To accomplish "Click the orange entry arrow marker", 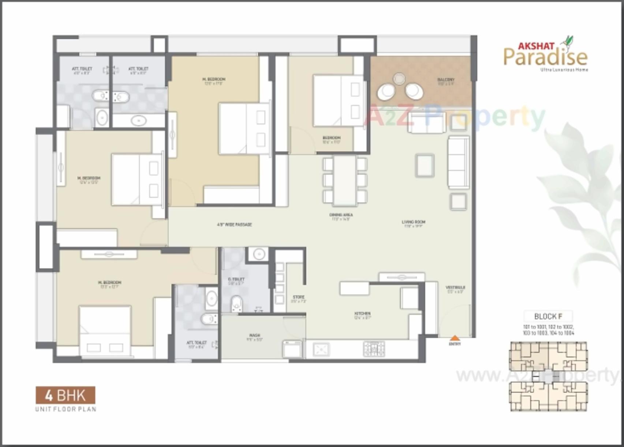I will [x=455, y=338].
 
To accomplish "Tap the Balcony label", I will [x=446, y=80].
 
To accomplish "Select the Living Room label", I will [x=413, y=222].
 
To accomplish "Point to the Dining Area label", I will [x=341, y=215].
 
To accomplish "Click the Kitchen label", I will [x=362, y=314].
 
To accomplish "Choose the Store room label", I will [x=298, y=298].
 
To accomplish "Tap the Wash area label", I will [x=254, y=336].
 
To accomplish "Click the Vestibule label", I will [x=455, y=288].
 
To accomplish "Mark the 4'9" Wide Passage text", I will [x=234, y=224].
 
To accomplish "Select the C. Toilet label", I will [x=236, y=279].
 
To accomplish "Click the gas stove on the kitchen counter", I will [x=374, y=349].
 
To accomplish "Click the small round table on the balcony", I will [x=399, y=79].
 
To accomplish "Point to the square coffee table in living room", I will [x=424, y=165].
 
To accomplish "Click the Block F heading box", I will [x=548, y=317].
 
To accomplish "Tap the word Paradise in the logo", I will [x=545, y=57].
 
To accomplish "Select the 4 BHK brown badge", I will [x=66, y=395].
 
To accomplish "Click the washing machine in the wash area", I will [x=292, y=349].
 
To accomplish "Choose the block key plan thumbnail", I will [x=548, y=376].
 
